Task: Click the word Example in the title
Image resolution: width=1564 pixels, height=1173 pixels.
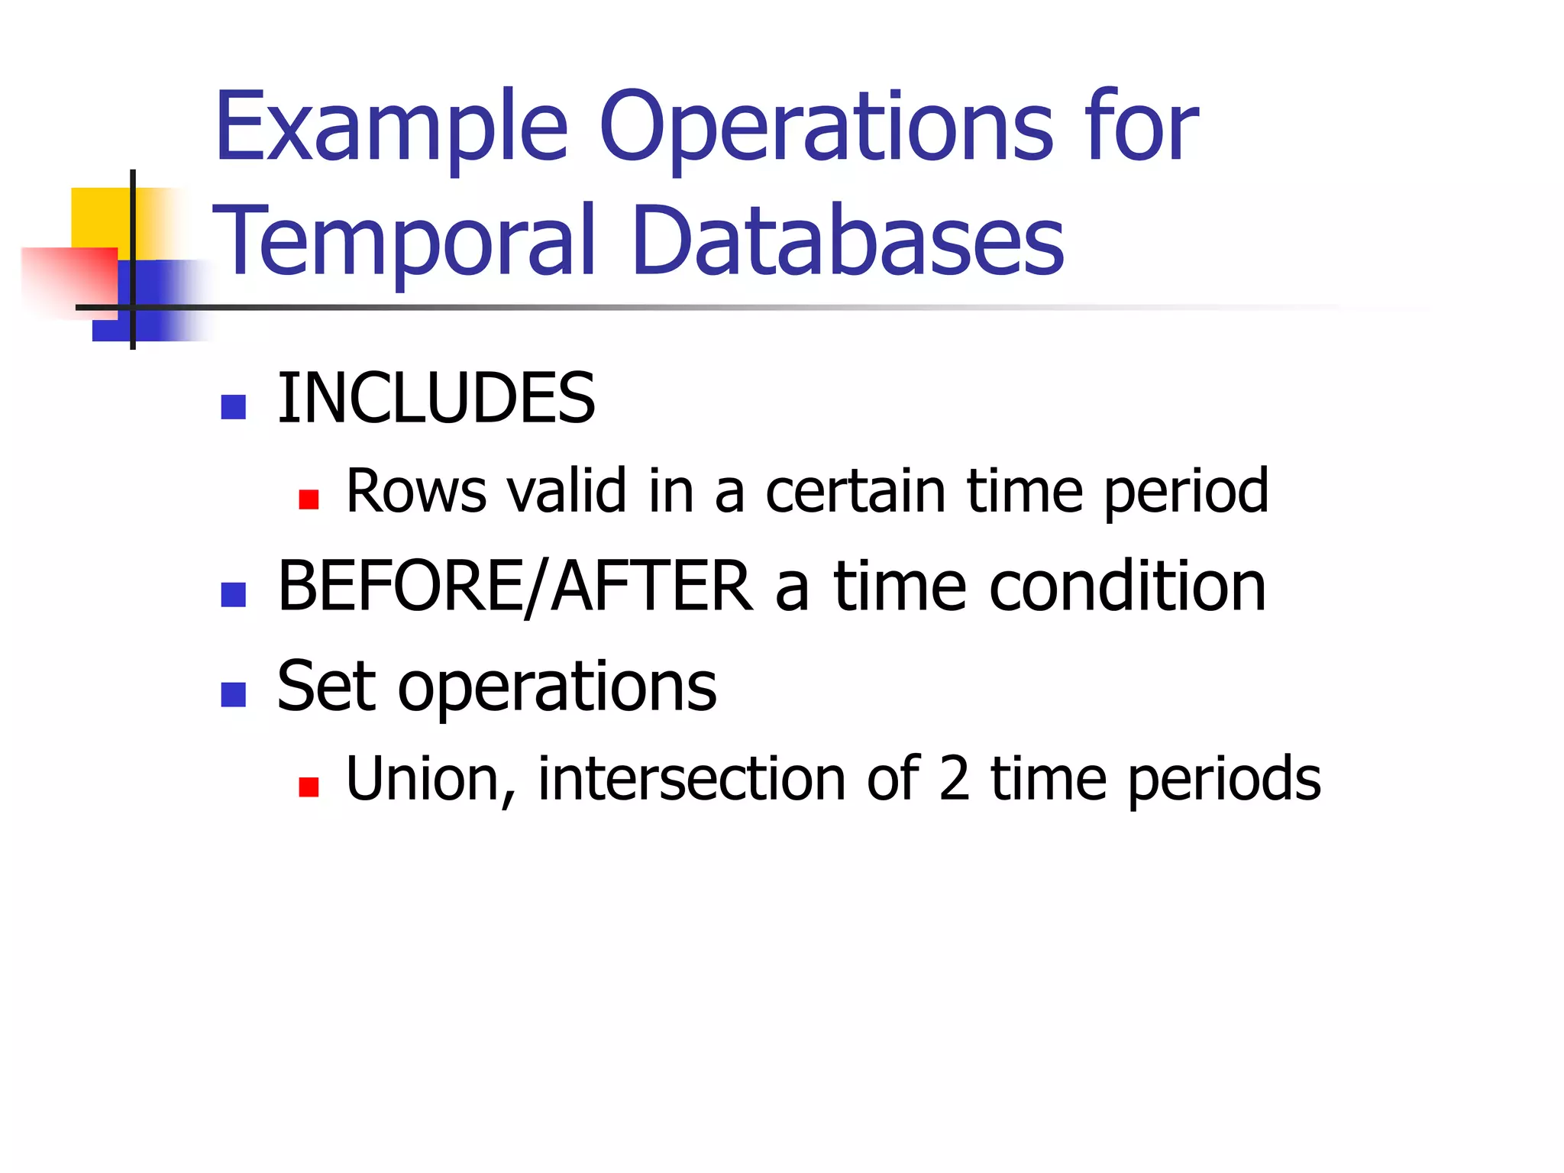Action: click(391, 128)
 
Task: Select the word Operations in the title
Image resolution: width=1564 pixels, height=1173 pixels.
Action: click(826, 128)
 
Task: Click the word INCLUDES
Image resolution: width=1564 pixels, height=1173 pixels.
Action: click(436, 399)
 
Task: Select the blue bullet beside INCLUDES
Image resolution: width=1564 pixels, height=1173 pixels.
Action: click(233, 407)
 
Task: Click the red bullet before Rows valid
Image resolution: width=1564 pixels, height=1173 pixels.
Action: click(309, 499)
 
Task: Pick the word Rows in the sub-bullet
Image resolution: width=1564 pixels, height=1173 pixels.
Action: click(416, 491)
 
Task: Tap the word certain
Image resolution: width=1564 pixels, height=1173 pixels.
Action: click(855, 491)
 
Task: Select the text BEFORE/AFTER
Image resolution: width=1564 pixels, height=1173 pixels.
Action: click(515, 586)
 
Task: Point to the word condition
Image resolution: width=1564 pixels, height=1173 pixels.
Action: click(1127, 586)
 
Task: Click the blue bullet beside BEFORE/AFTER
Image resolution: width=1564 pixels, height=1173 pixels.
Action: click(233, 594)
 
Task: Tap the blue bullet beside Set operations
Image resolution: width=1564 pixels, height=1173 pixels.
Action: click(233, 694)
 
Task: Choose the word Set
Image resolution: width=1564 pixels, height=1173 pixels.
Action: click(327, 687)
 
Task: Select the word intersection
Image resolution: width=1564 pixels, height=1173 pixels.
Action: click(691, 780)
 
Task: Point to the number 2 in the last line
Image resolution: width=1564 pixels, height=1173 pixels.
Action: click(954, 780)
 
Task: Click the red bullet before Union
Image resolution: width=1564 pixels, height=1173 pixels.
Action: click(309, 787)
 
